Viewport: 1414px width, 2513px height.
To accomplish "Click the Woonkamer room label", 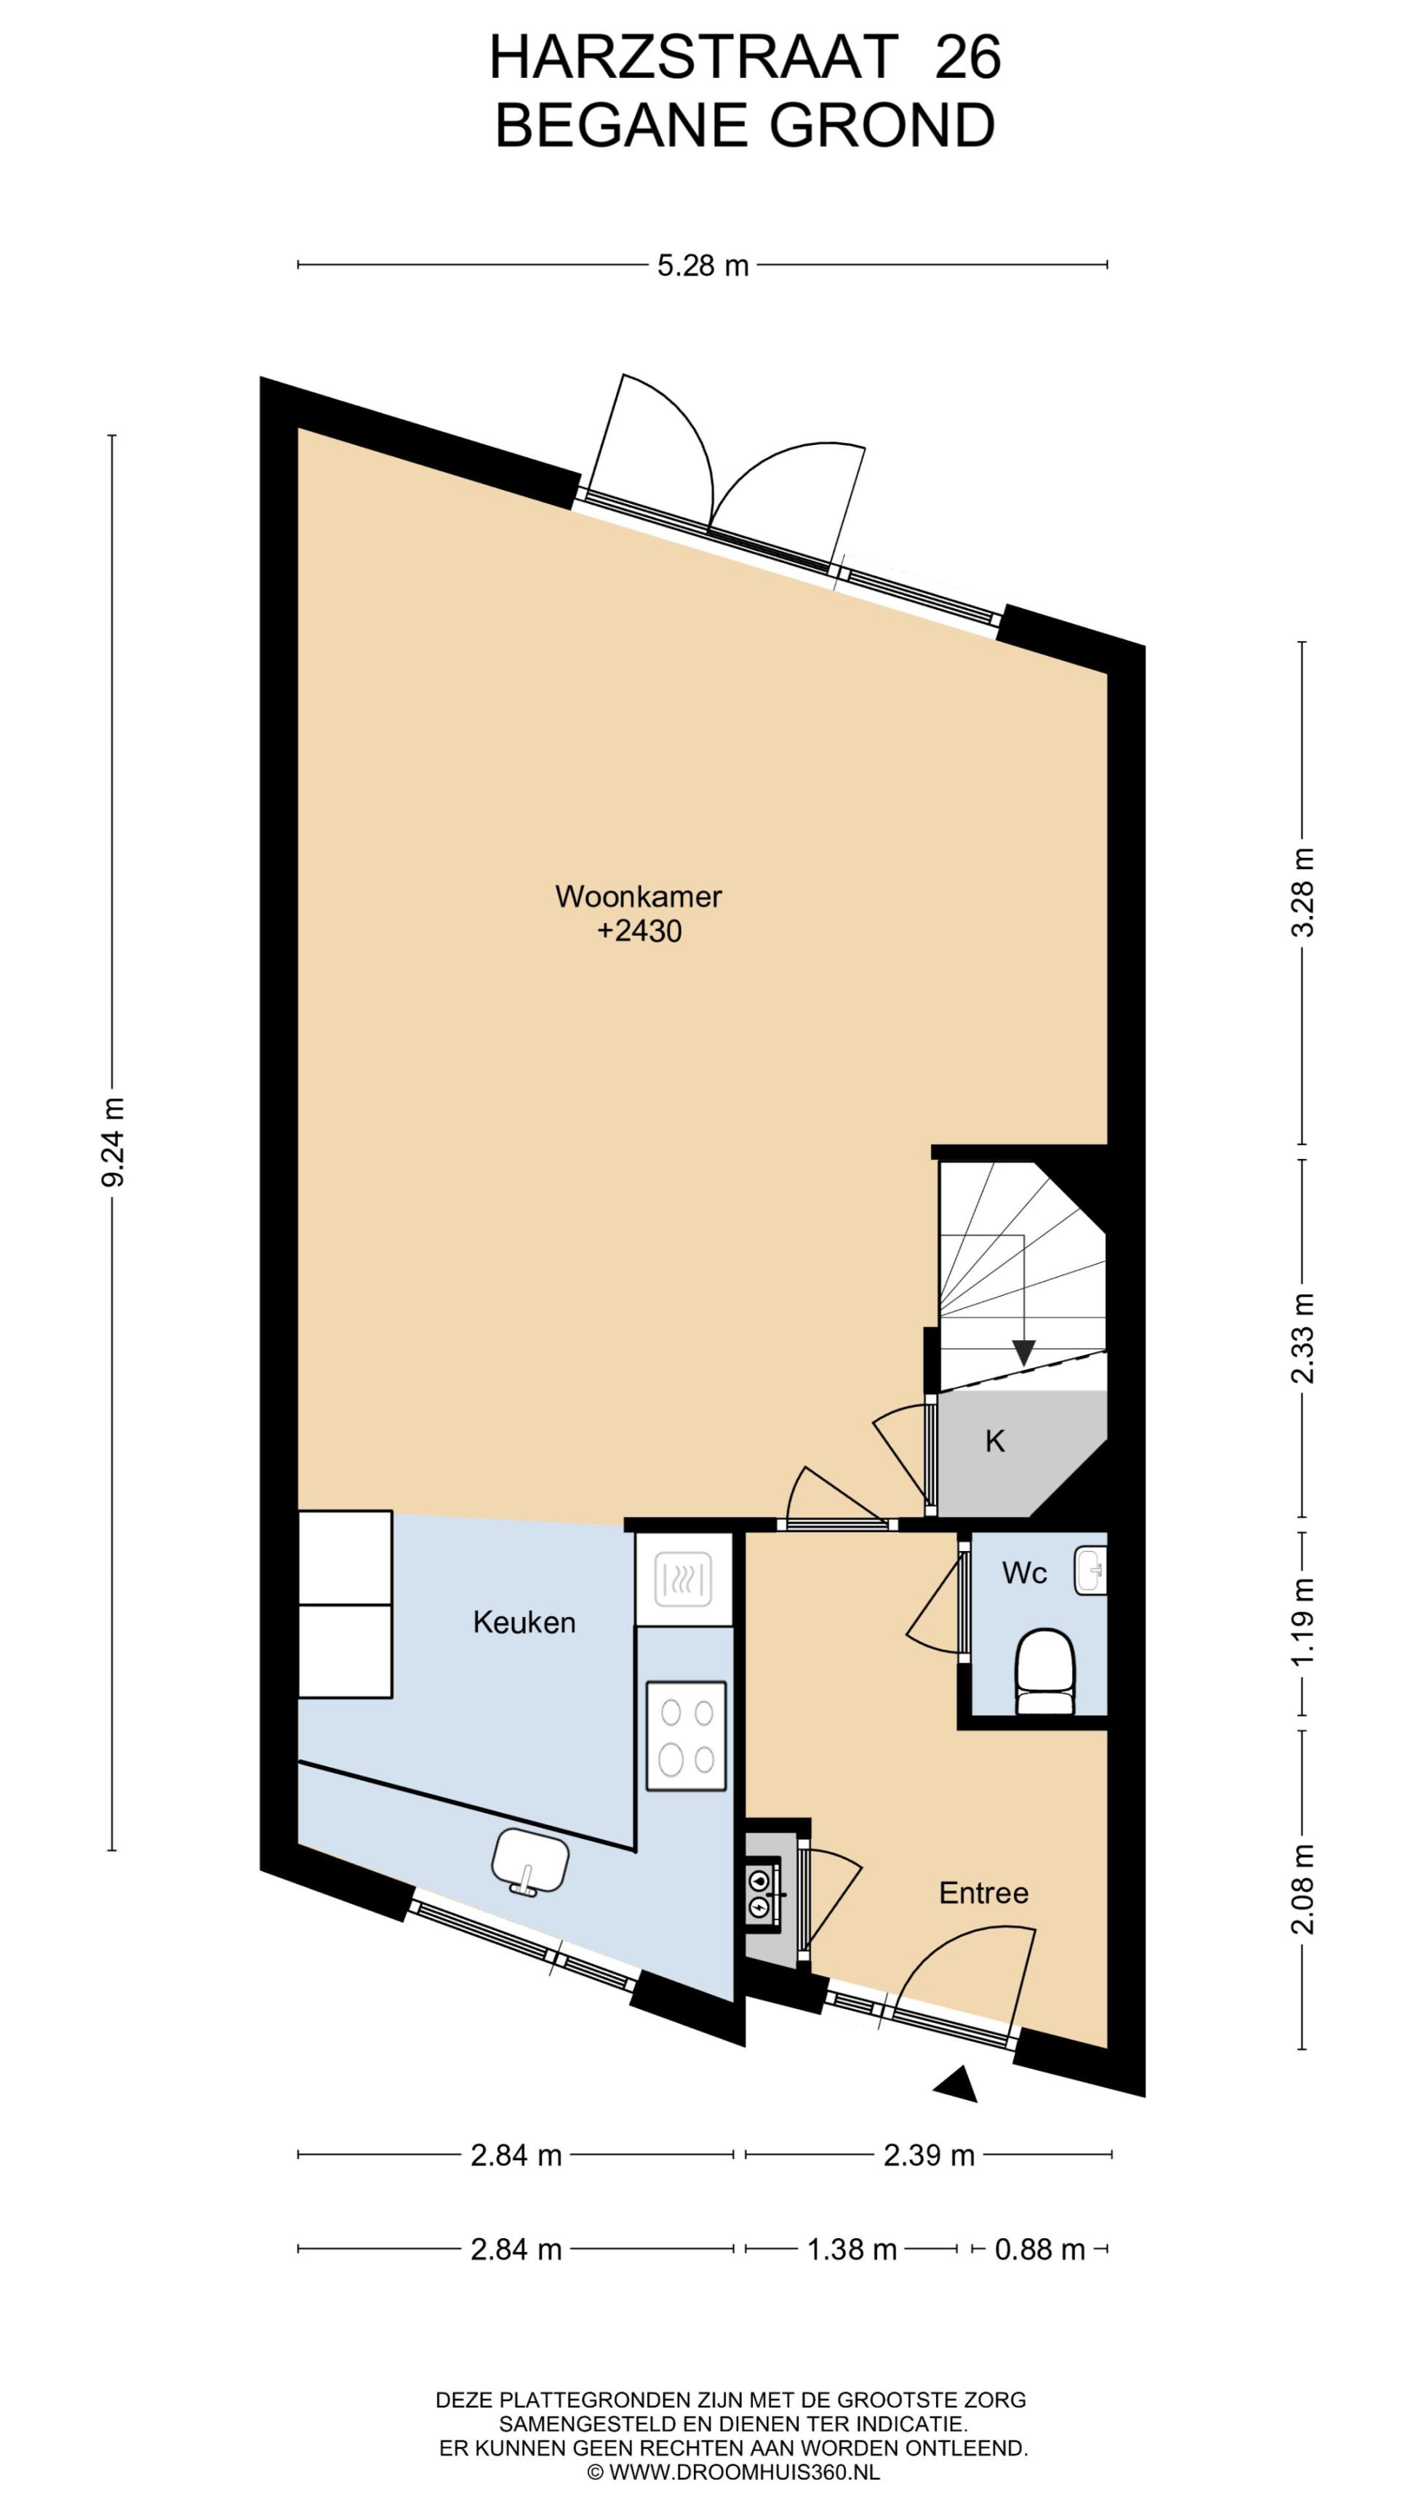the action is [638, 897].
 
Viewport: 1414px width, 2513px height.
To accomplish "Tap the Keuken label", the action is [524, 1622].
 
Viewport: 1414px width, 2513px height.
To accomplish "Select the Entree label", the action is [983, 1893].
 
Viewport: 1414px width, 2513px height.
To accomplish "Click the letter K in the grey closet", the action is [995, 1441].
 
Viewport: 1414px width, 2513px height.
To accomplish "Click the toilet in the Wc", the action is [1045, 1670].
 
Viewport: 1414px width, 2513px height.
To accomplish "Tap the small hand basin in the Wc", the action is [1091, 1571].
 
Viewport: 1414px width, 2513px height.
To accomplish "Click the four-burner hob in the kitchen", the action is [686, 1736].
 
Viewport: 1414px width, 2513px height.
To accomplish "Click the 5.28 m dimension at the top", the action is [703, 265].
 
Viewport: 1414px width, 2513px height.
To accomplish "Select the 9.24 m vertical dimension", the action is [113, 1142].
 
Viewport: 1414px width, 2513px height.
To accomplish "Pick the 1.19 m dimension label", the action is [1303, 1622].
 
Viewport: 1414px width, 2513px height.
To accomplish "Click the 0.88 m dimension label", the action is [1040, 2250].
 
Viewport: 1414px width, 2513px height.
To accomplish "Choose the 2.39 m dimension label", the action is [929, 2155].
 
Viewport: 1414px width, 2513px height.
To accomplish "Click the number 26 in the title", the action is [968, 57].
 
